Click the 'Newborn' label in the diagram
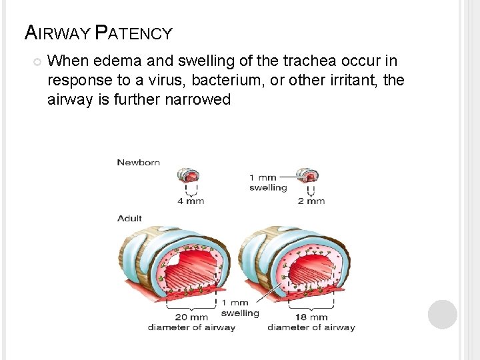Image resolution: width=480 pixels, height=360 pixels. tap(138, 162)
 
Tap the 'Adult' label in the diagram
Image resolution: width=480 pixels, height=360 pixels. tap(129, 218)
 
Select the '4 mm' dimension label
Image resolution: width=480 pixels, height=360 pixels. tap(191, 200)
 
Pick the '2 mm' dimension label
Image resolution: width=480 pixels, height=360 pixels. tap(311, 200)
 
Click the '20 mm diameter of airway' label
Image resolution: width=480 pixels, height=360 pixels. tap(191, 322)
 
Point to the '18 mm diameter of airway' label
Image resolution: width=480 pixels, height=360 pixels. tap(311, 322)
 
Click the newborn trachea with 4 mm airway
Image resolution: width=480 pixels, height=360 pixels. tap(190, 176)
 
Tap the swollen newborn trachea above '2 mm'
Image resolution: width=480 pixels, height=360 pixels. tap(309, 176)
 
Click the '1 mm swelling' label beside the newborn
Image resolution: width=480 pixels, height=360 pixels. tap(267, 182)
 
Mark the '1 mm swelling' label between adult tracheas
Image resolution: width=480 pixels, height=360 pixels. tap(239, 308)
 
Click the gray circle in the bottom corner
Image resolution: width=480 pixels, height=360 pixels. tap(442, 314)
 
